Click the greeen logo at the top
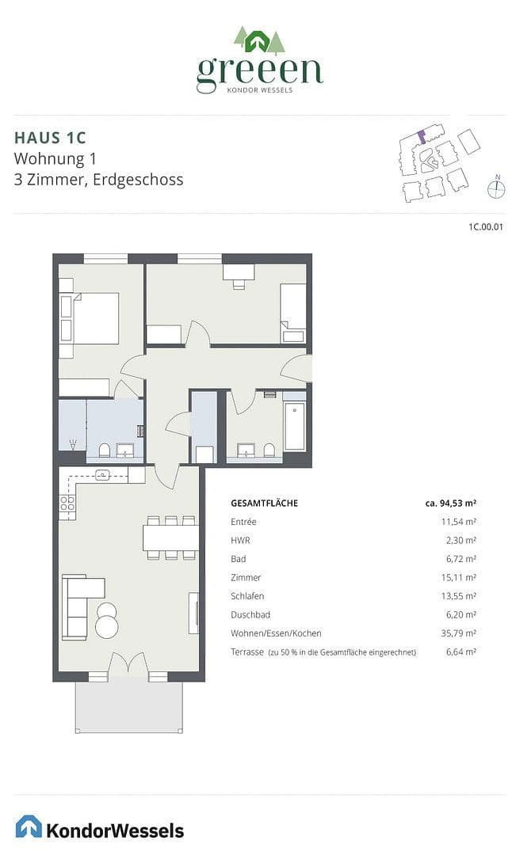click(259, 61)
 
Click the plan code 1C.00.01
click(486, 227)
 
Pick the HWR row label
click(240, 540)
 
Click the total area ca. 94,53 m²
click(450, 503)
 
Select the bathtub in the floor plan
click(295, 426)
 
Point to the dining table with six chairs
click(170, 538)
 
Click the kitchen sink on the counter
click(103, 475)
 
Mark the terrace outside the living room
click(129, 706)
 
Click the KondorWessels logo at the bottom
click(100, 828)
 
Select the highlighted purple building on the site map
click(422, 136)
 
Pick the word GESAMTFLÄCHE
click(264, 503)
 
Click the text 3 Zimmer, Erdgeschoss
click(99, 180)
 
